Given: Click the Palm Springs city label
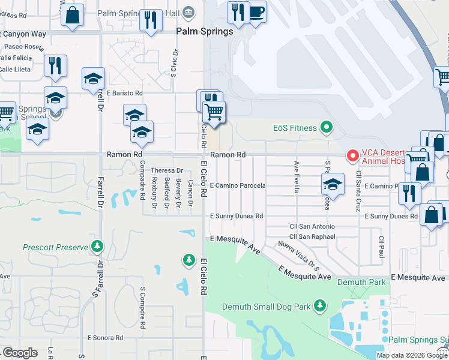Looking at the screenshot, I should (204, 32).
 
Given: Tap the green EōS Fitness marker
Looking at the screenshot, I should (326, 127).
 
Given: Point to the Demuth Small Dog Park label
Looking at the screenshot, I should (267, 307).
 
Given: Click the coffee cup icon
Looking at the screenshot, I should (256, 11).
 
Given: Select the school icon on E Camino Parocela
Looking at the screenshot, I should (333, 184).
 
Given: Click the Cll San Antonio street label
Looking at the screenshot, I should (312, 226).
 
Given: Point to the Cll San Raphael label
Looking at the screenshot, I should (312, 236).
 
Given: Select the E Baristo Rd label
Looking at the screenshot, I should (125, 94).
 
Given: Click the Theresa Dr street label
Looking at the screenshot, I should (166, 170).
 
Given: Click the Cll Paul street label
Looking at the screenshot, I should (381, 244).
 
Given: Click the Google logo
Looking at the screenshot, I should (20, 353).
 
